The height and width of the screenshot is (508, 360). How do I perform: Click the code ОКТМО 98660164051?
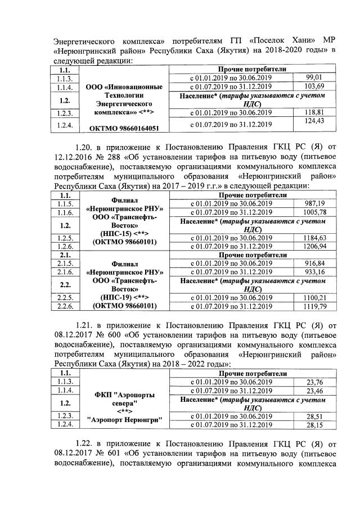pos(123,128)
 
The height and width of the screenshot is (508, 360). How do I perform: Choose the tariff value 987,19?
pos(314,203)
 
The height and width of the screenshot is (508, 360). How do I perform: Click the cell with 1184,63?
pos(314,238)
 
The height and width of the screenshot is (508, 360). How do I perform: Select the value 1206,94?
pos(314,246)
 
